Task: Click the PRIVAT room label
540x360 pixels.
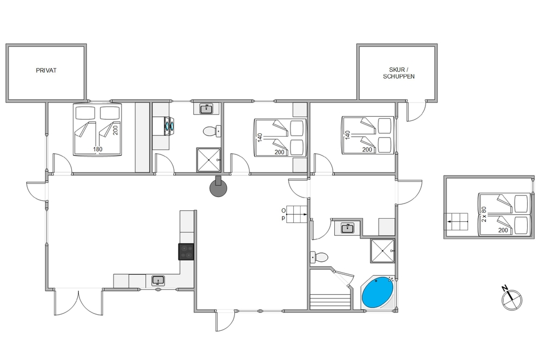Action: [x=46, y=70]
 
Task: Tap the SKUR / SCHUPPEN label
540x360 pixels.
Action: [x=399, y=73]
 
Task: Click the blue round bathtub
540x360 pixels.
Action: [x=377, y=293]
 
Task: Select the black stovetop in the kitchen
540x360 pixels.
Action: [x=186, y=252]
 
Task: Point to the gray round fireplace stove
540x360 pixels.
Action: [x=218, y=188]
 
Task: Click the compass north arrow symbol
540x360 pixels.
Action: [x=511, y=298]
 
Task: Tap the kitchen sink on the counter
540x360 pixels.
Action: [x=158, y=281]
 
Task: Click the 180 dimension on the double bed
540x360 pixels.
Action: [x=98, y=150]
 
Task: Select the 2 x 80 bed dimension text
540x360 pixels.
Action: [x=484, y=214]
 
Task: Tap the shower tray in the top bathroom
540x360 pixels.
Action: [x=208, y=160]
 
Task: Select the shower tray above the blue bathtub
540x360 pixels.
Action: [x=382, y=250]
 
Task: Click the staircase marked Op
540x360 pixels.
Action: [x=296, y=214]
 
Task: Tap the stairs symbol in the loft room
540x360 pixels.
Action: [x=456, y=222]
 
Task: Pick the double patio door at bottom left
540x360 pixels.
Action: [x=79, y=302]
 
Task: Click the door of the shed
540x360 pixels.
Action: [x=416, y=111]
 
